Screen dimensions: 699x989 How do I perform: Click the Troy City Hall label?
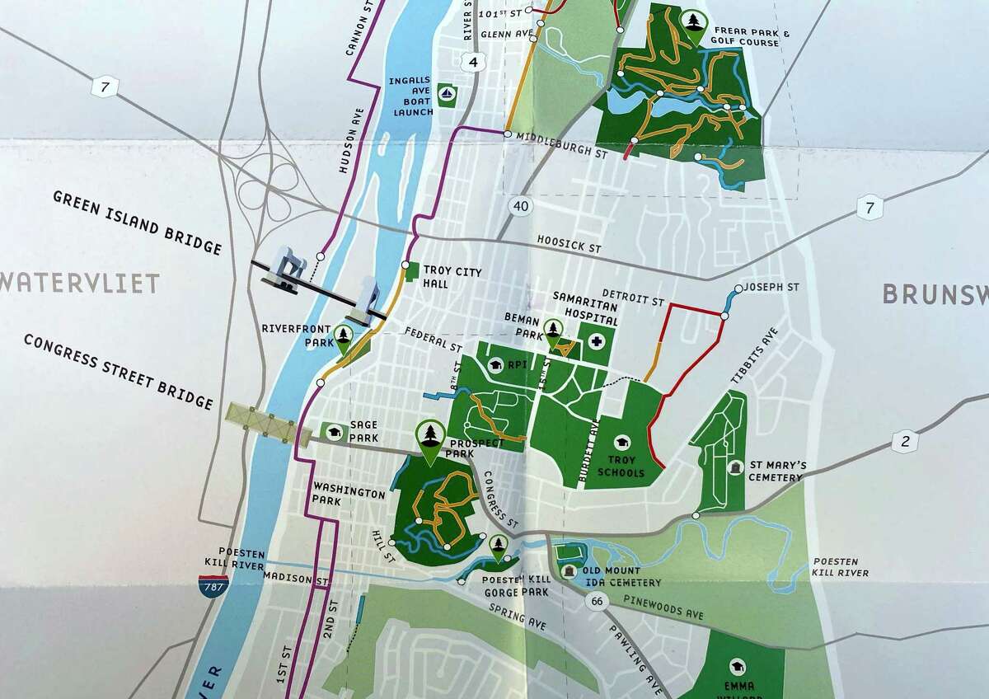coord(450,277)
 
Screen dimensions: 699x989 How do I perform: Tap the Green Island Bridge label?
coord(137,223)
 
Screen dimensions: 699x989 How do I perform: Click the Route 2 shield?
coord(905,442)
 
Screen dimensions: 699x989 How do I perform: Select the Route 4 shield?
coord(472,61)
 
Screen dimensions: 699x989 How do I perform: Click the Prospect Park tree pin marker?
coord(429,434)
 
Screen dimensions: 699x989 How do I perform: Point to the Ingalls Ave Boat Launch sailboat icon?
coord(448,94)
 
